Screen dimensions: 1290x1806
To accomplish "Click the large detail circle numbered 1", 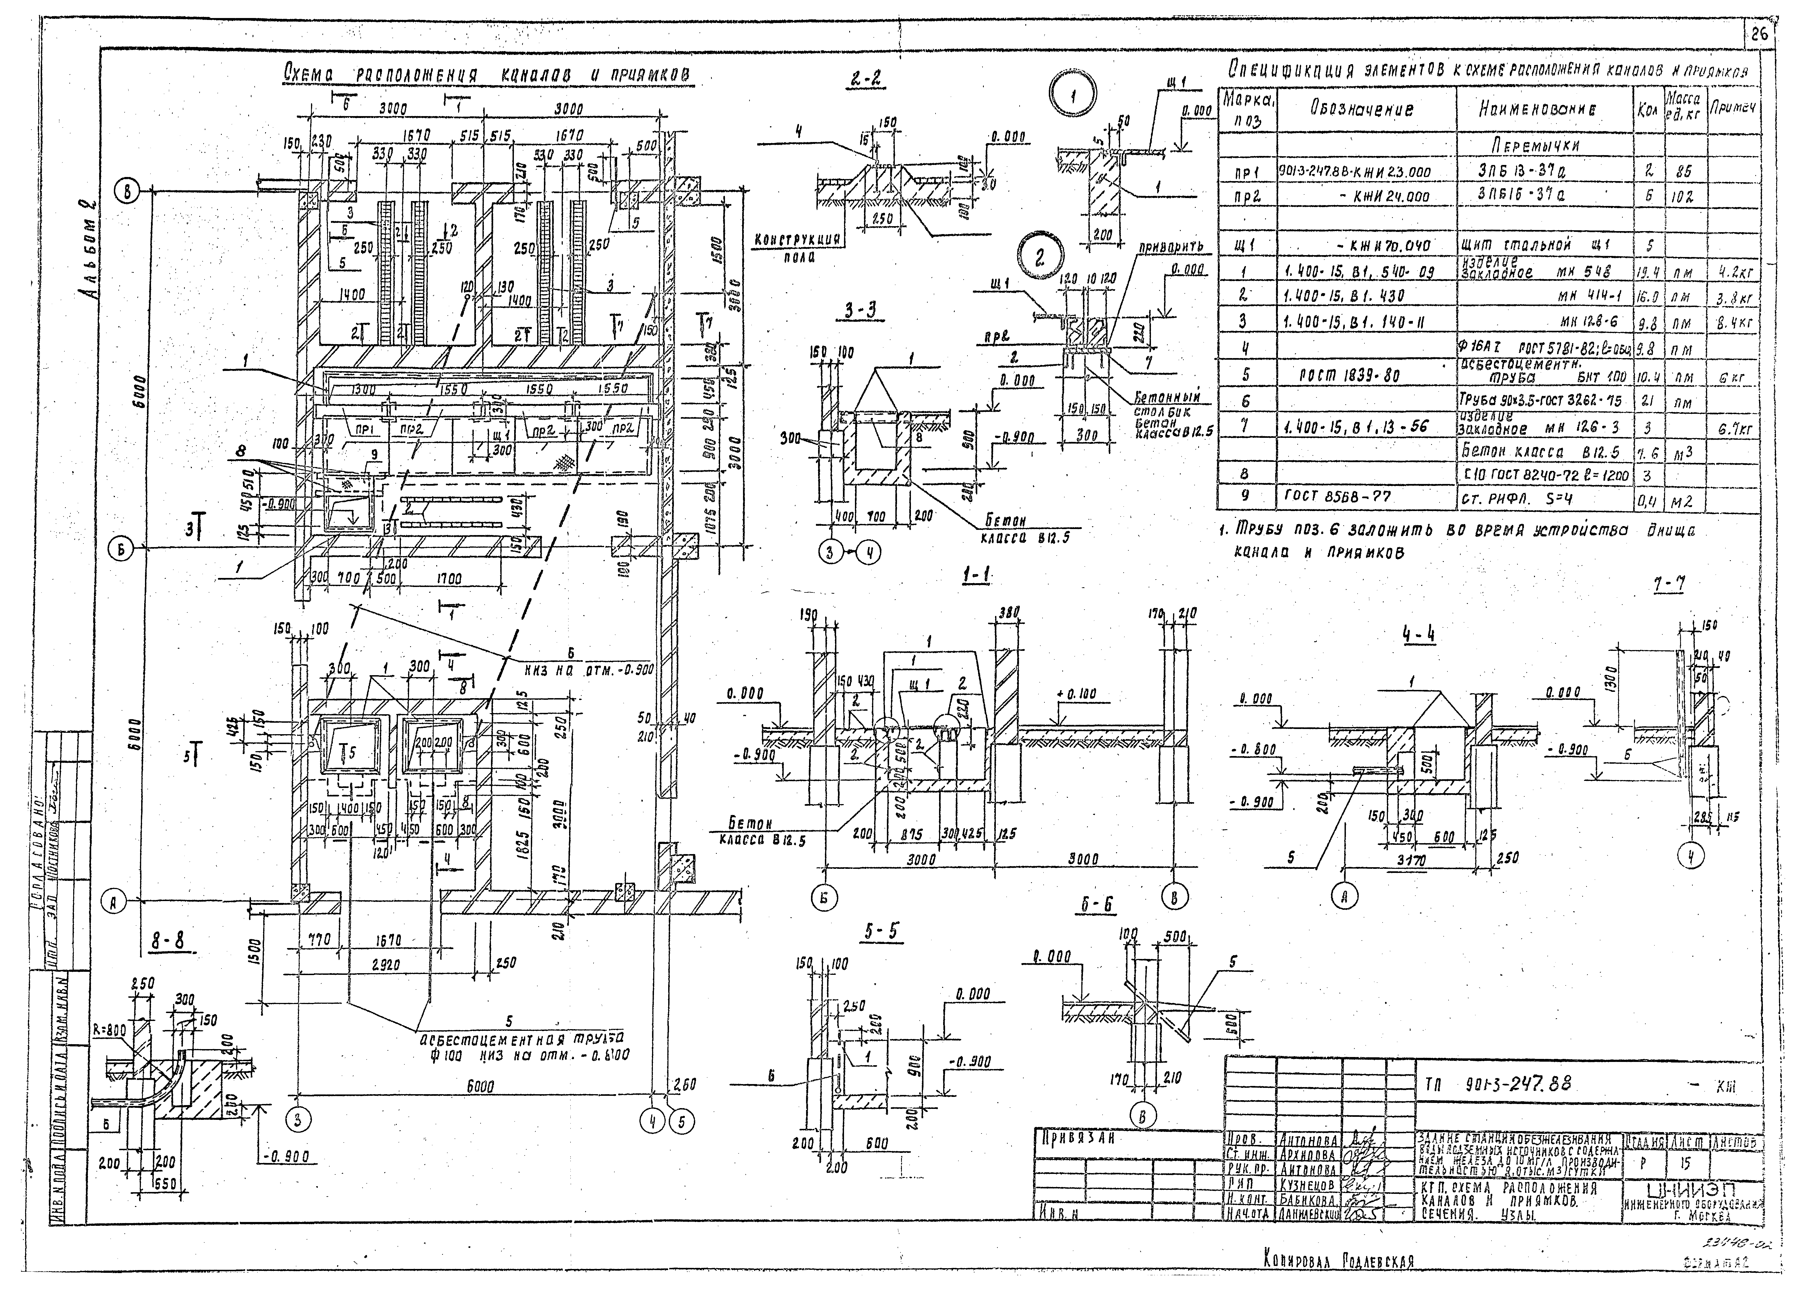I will [x=1074, y=97].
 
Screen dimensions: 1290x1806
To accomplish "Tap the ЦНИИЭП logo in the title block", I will [x=1688, y=1189].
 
